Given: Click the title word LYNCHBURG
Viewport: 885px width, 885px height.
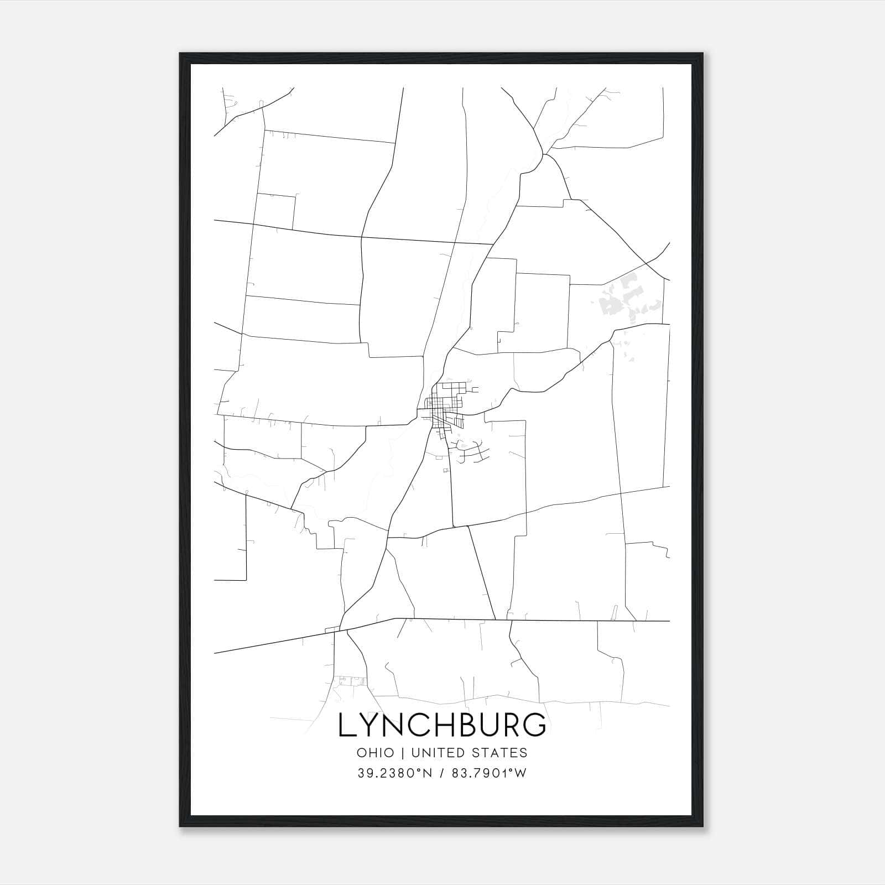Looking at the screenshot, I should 442,725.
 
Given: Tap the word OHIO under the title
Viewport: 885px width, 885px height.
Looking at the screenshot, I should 376,753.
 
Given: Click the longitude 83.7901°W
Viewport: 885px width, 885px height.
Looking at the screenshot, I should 490,773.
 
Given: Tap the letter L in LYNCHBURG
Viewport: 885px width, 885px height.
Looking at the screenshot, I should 347,725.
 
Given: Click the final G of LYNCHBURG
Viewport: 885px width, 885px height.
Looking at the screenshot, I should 536,725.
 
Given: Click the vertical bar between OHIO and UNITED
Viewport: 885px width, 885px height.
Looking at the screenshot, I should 402,753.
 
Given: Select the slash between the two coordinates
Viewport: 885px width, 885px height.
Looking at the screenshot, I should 441,773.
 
